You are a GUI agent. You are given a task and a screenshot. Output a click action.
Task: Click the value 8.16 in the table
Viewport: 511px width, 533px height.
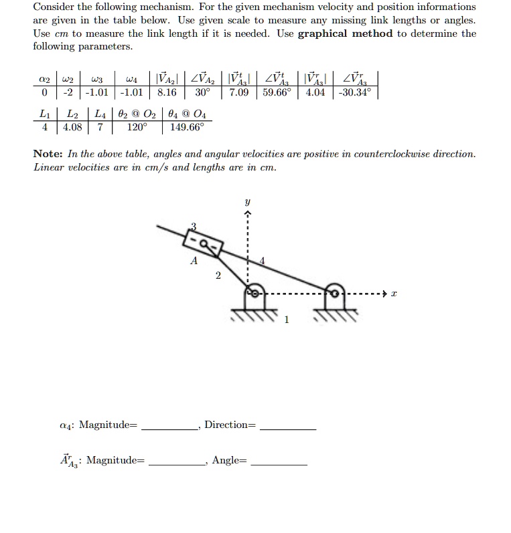[165, 92]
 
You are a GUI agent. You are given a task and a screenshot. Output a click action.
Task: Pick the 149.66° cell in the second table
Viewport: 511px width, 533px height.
[188, 126]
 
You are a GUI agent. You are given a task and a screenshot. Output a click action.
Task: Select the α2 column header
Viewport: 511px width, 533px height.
[44, 79]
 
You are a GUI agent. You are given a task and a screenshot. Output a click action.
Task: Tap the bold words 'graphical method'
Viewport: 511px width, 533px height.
[345, 33]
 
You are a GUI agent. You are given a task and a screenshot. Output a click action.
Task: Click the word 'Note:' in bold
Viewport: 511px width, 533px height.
[48, 154]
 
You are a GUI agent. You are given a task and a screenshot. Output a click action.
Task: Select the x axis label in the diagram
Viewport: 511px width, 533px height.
[394, 294]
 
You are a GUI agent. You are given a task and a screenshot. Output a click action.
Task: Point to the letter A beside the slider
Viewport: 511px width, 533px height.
[194, 262]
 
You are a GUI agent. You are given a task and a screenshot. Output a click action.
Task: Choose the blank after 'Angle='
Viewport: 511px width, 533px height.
[279, 461]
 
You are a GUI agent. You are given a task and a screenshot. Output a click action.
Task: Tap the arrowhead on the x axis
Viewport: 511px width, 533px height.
[384, 294]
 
